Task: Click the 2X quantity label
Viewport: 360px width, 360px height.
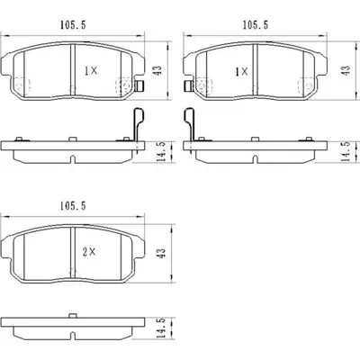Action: [x=87, y=254]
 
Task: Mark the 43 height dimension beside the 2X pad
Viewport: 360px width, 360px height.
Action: [x=161, y=256]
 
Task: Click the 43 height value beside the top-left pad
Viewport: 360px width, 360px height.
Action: [x=161, y=69]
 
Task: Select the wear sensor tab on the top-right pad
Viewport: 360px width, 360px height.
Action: [x=184, y=87]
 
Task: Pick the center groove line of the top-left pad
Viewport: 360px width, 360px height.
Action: [x=71, y=70]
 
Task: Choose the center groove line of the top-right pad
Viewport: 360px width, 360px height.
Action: [x=255, y=70]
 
